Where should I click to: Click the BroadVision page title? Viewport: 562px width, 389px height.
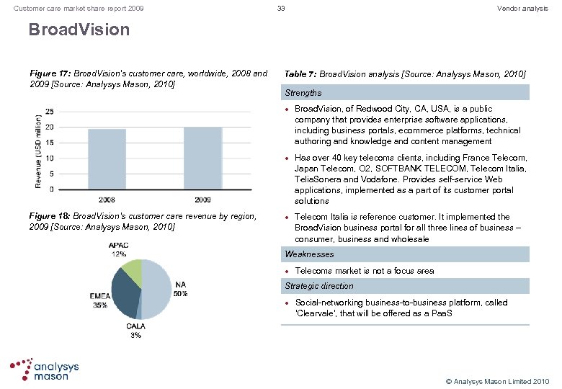[79, 30]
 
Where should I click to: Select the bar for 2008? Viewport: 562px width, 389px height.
[107, 159]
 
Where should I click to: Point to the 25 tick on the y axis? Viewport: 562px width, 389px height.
[48, 112]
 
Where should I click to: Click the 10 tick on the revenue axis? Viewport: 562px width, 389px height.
[48, 158]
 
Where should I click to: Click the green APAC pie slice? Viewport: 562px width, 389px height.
[133, 270]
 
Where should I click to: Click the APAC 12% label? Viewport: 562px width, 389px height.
[118, 249]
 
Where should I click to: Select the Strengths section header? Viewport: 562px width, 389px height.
[303, 93]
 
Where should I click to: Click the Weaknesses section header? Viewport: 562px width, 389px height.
[309, 254]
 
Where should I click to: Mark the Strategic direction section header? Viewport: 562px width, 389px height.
[318, 286]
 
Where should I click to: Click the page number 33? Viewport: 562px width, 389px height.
[281, 8]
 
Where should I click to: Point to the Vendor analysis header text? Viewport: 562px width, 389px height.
[522, 8]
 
